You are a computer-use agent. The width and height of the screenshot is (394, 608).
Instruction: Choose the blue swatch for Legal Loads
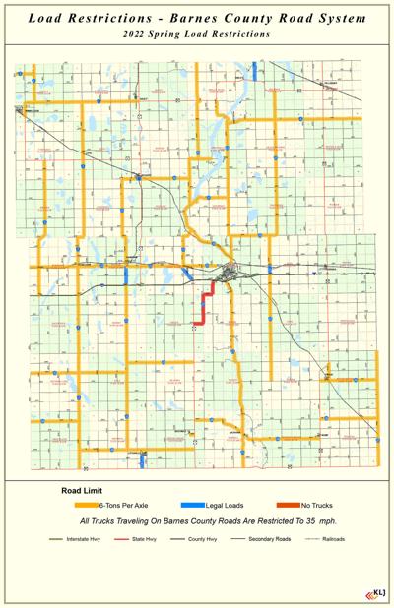pos(192,505)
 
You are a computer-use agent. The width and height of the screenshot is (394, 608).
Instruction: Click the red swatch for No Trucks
pos(289,505)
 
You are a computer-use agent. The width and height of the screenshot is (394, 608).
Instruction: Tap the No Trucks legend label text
pos(324,505)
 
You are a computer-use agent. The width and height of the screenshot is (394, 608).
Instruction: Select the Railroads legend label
pos(332,540)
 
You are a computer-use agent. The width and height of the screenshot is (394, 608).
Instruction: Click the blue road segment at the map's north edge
pos(254,71)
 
